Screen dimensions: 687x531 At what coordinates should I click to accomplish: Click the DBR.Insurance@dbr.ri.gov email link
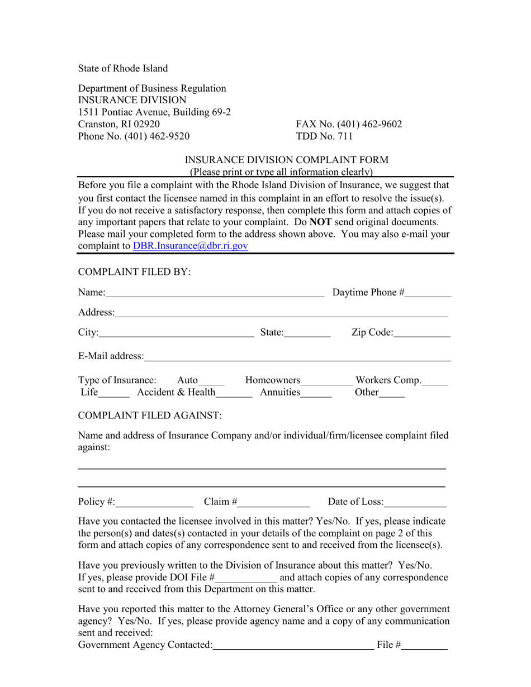190,246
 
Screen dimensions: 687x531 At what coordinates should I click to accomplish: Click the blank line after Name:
215,293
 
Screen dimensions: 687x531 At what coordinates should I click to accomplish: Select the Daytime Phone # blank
428,293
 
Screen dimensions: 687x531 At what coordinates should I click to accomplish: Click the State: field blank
307,334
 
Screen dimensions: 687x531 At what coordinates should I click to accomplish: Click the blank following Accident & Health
234,393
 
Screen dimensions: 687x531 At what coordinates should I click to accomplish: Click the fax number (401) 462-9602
368,125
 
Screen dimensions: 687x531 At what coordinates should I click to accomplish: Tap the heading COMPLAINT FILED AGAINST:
150,416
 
